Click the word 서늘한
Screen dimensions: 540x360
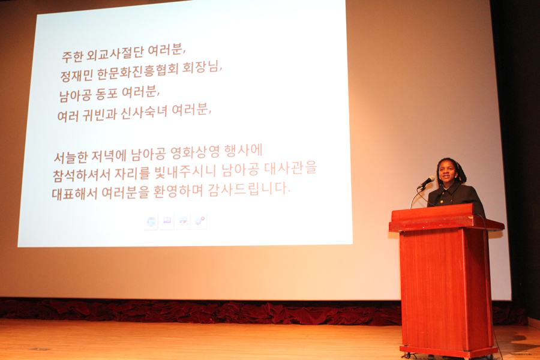point(71,157)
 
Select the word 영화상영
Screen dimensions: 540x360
point(195,152)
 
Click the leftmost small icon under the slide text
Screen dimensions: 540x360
point(151,221)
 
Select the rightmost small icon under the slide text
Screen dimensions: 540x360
point(199,221)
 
